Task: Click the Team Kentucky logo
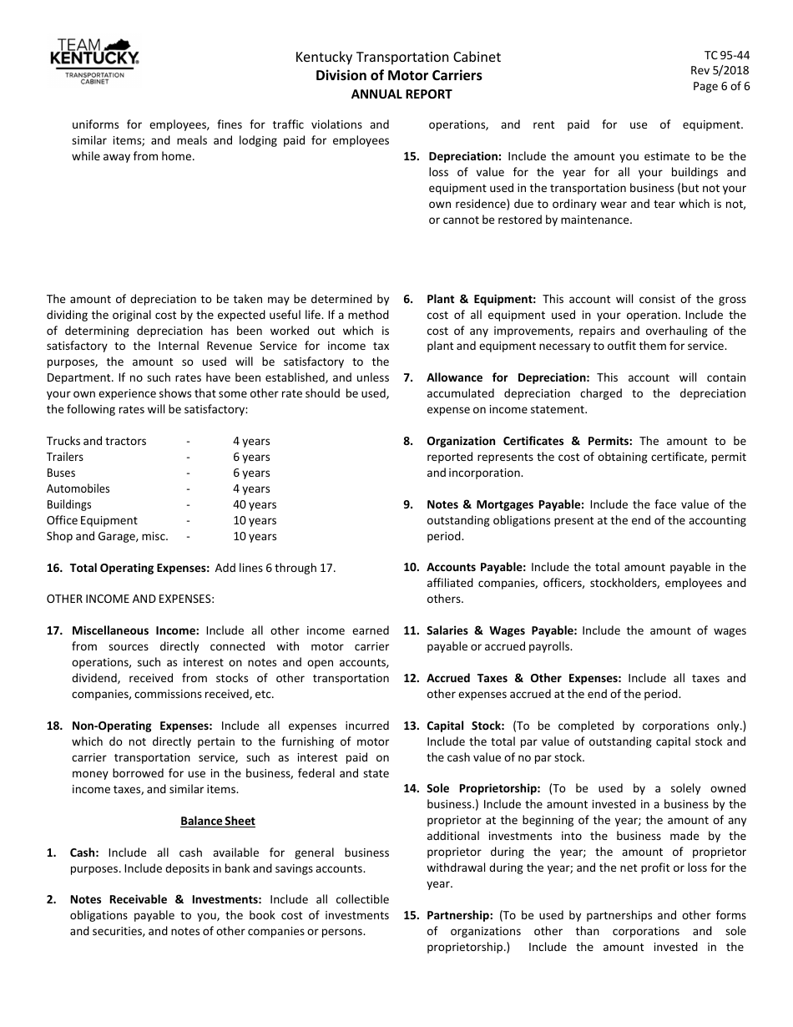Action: [94, 62]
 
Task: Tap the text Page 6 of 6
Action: [721, 86]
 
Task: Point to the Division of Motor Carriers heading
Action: [398, 76]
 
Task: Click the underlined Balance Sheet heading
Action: [218, 821]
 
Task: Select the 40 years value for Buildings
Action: [255, 504]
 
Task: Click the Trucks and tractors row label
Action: [96, 441]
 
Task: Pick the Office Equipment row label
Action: [92, 520]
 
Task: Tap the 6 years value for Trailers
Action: [251, 457]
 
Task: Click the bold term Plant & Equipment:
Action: [481, 299]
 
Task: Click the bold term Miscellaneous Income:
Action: [135, 630]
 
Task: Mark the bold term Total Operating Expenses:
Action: [139, 568]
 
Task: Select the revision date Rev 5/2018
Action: [720, 70]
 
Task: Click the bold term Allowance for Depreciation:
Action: [508, 377]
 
